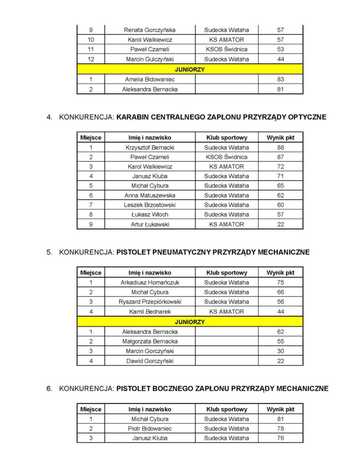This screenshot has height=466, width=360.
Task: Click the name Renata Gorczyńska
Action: (x=150, y=30)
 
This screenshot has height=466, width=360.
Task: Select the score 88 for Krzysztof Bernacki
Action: (x=280, y=147)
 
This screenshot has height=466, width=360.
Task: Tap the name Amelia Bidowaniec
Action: (x=150, y=80)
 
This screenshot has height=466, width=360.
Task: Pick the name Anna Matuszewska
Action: (x=150, y=195)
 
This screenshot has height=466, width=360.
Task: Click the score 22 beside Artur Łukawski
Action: (x=280, y=224)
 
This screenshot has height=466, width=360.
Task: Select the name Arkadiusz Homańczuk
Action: (x=150, y=283)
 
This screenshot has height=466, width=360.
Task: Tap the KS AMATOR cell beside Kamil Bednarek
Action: (x=226, y=312)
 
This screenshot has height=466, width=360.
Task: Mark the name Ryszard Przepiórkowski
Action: (x=150, y=302)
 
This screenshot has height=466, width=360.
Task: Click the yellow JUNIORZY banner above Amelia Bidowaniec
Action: (x=190, y=70)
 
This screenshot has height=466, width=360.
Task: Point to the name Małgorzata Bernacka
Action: (x=150, y=341)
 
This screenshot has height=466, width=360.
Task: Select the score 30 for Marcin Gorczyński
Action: (x=280, y=351)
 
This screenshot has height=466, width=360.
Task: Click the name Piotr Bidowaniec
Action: (x=150, y=429)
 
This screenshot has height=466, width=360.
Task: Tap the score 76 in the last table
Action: (x=280, y=438)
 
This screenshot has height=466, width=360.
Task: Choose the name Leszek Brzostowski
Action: (x=150, y=205)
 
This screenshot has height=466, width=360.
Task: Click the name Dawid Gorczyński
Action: (x=150, y=361)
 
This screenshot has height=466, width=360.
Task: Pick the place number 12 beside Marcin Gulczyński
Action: (x=91, y=59)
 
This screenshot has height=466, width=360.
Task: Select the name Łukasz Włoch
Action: (x=150, y=214)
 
